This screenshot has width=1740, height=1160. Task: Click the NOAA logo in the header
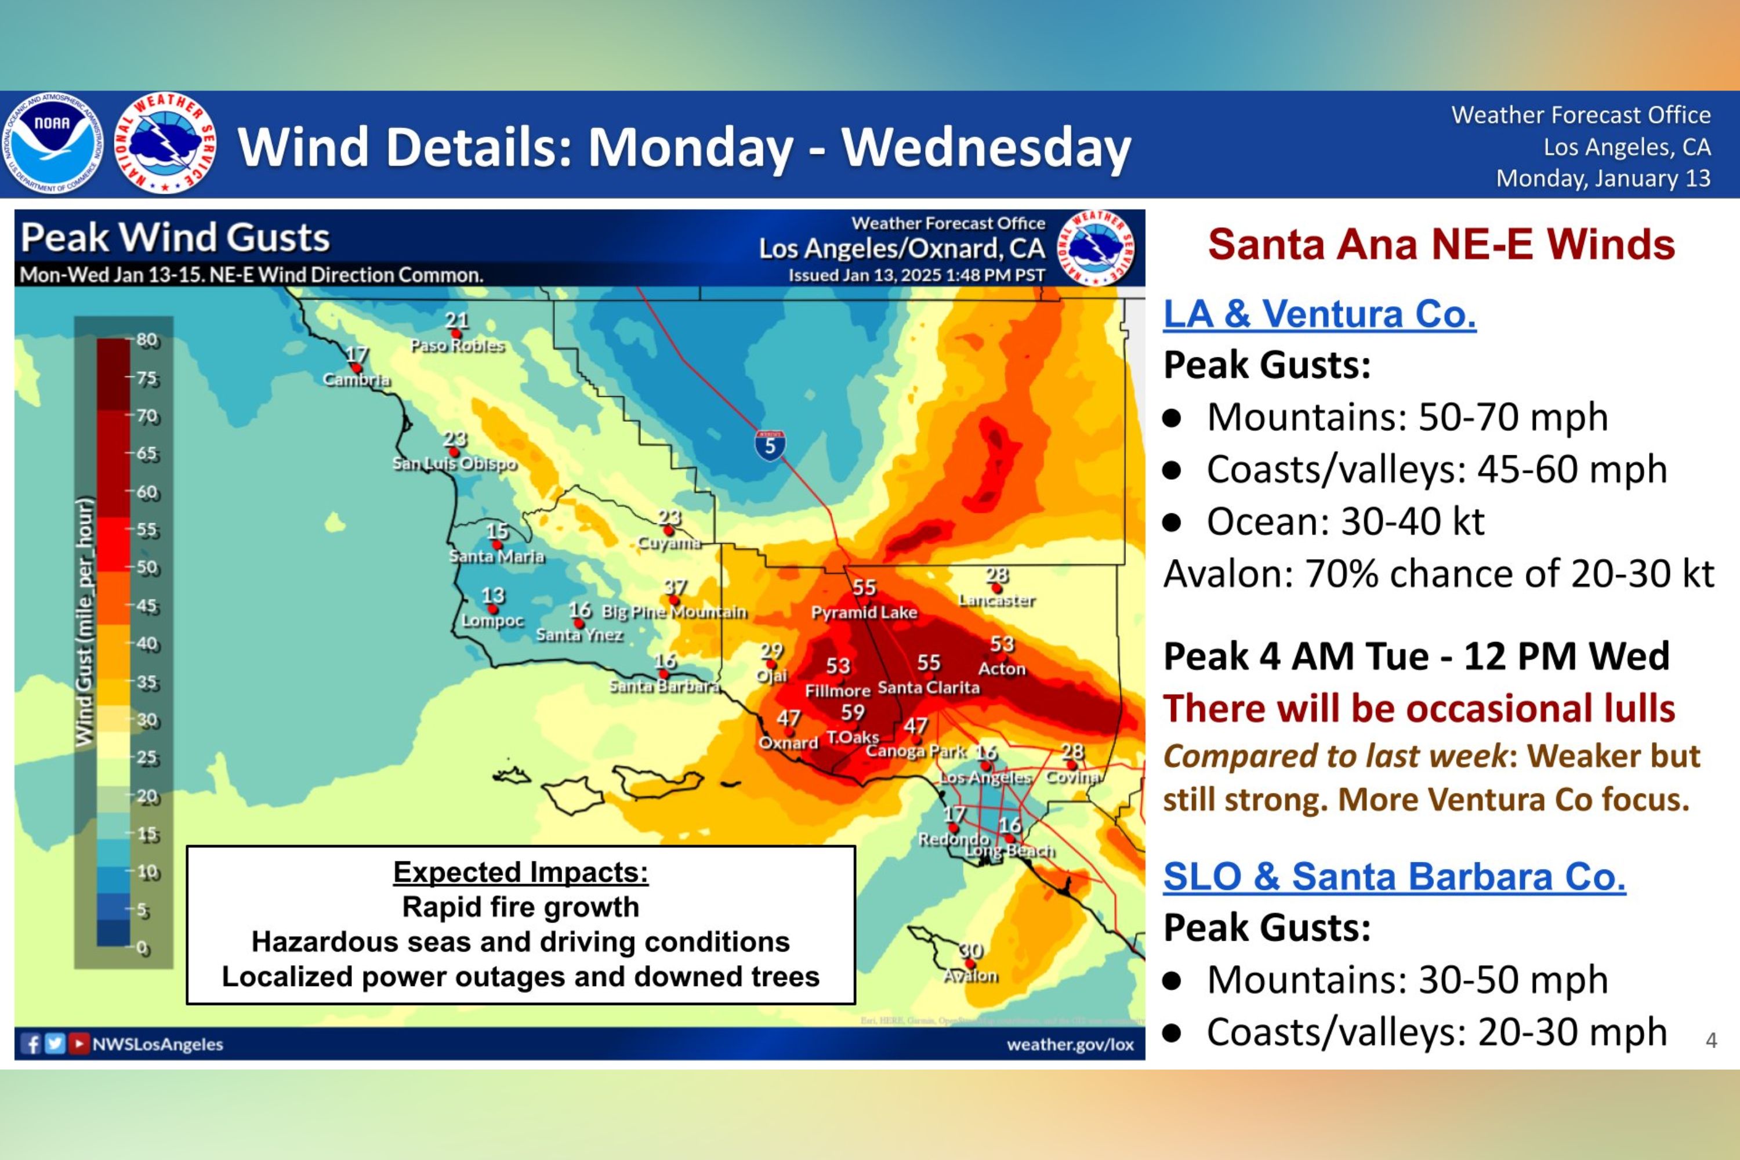(52, 143)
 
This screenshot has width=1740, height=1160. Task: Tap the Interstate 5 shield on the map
(770, 445)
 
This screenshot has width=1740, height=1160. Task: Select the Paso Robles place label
(457, 346)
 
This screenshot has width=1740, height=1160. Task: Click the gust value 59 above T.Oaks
(852, 712)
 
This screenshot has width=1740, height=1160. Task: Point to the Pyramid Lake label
(864, 612)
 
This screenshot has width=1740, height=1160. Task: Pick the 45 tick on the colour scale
(147, 606)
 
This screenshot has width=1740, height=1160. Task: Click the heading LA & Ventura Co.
(1319, 314)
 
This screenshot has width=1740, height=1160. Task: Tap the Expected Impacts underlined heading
(520, 872)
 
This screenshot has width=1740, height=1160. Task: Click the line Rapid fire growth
(520, 907)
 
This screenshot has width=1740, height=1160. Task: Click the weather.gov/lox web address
(1070, 1045)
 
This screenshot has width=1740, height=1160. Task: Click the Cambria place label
(356, 379)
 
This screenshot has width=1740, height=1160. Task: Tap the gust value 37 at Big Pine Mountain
(675, 586)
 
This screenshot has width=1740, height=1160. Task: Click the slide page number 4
(1710, 1040)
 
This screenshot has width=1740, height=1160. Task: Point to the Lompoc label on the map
(492, 621)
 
